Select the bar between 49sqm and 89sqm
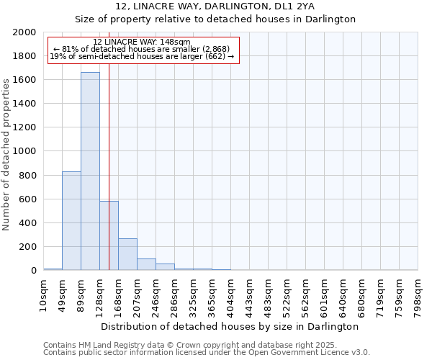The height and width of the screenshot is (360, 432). point(71,220)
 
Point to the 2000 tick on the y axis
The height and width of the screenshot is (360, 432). point(24,32)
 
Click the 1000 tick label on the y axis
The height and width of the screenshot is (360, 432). point(24,151)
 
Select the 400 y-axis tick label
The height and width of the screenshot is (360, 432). point(27,223)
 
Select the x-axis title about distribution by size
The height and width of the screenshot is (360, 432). point(230,326)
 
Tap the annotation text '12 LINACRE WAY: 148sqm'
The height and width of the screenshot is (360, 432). point(142,42)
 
